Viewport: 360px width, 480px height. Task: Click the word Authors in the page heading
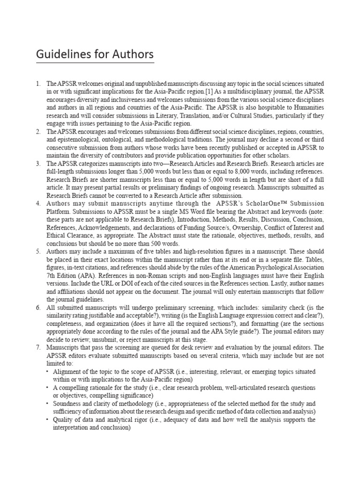tap(133, 55)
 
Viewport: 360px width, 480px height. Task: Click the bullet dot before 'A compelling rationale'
tap(48, 387)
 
